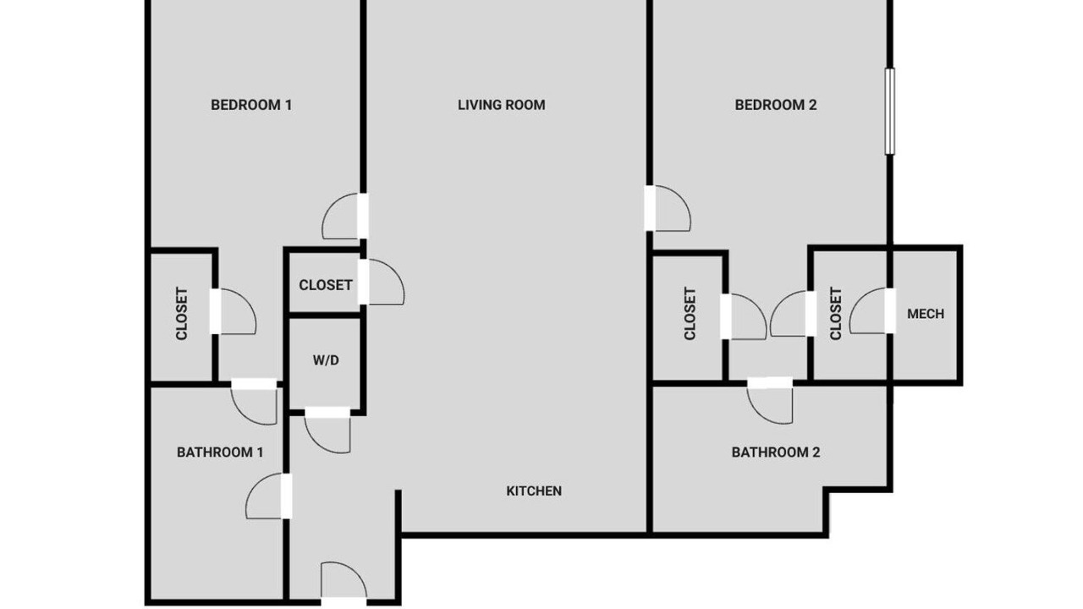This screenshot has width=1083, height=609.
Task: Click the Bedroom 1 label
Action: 251,105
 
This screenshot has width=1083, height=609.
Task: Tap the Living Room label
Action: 502,105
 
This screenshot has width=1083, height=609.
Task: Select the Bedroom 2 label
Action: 776,105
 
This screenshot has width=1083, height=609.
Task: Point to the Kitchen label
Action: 534,491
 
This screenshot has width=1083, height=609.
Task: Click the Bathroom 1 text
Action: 220,453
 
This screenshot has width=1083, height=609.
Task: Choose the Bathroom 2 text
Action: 776,453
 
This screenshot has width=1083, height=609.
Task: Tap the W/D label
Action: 326,360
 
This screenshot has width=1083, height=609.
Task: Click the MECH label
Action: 926,314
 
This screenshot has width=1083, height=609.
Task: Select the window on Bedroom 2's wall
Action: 889,111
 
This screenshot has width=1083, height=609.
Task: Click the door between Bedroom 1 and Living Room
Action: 344,216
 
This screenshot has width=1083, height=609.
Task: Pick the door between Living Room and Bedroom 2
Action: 668,208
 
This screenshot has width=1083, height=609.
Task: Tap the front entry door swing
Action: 344,581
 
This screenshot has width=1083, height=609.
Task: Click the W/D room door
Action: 327,431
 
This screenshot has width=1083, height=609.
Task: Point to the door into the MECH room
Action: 872,310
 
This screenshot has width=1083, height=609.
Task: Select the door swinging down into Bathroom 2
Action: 770,401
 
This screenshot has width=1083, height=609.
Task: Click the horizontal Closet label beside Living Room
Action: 326,285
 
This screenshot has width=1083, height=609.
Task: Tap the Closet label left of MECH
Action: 836,314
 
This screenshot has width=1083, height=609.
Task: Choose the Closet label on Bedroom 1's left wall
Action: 182,314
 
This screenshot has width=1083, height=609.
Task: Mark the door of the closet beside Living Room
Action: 381,282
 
